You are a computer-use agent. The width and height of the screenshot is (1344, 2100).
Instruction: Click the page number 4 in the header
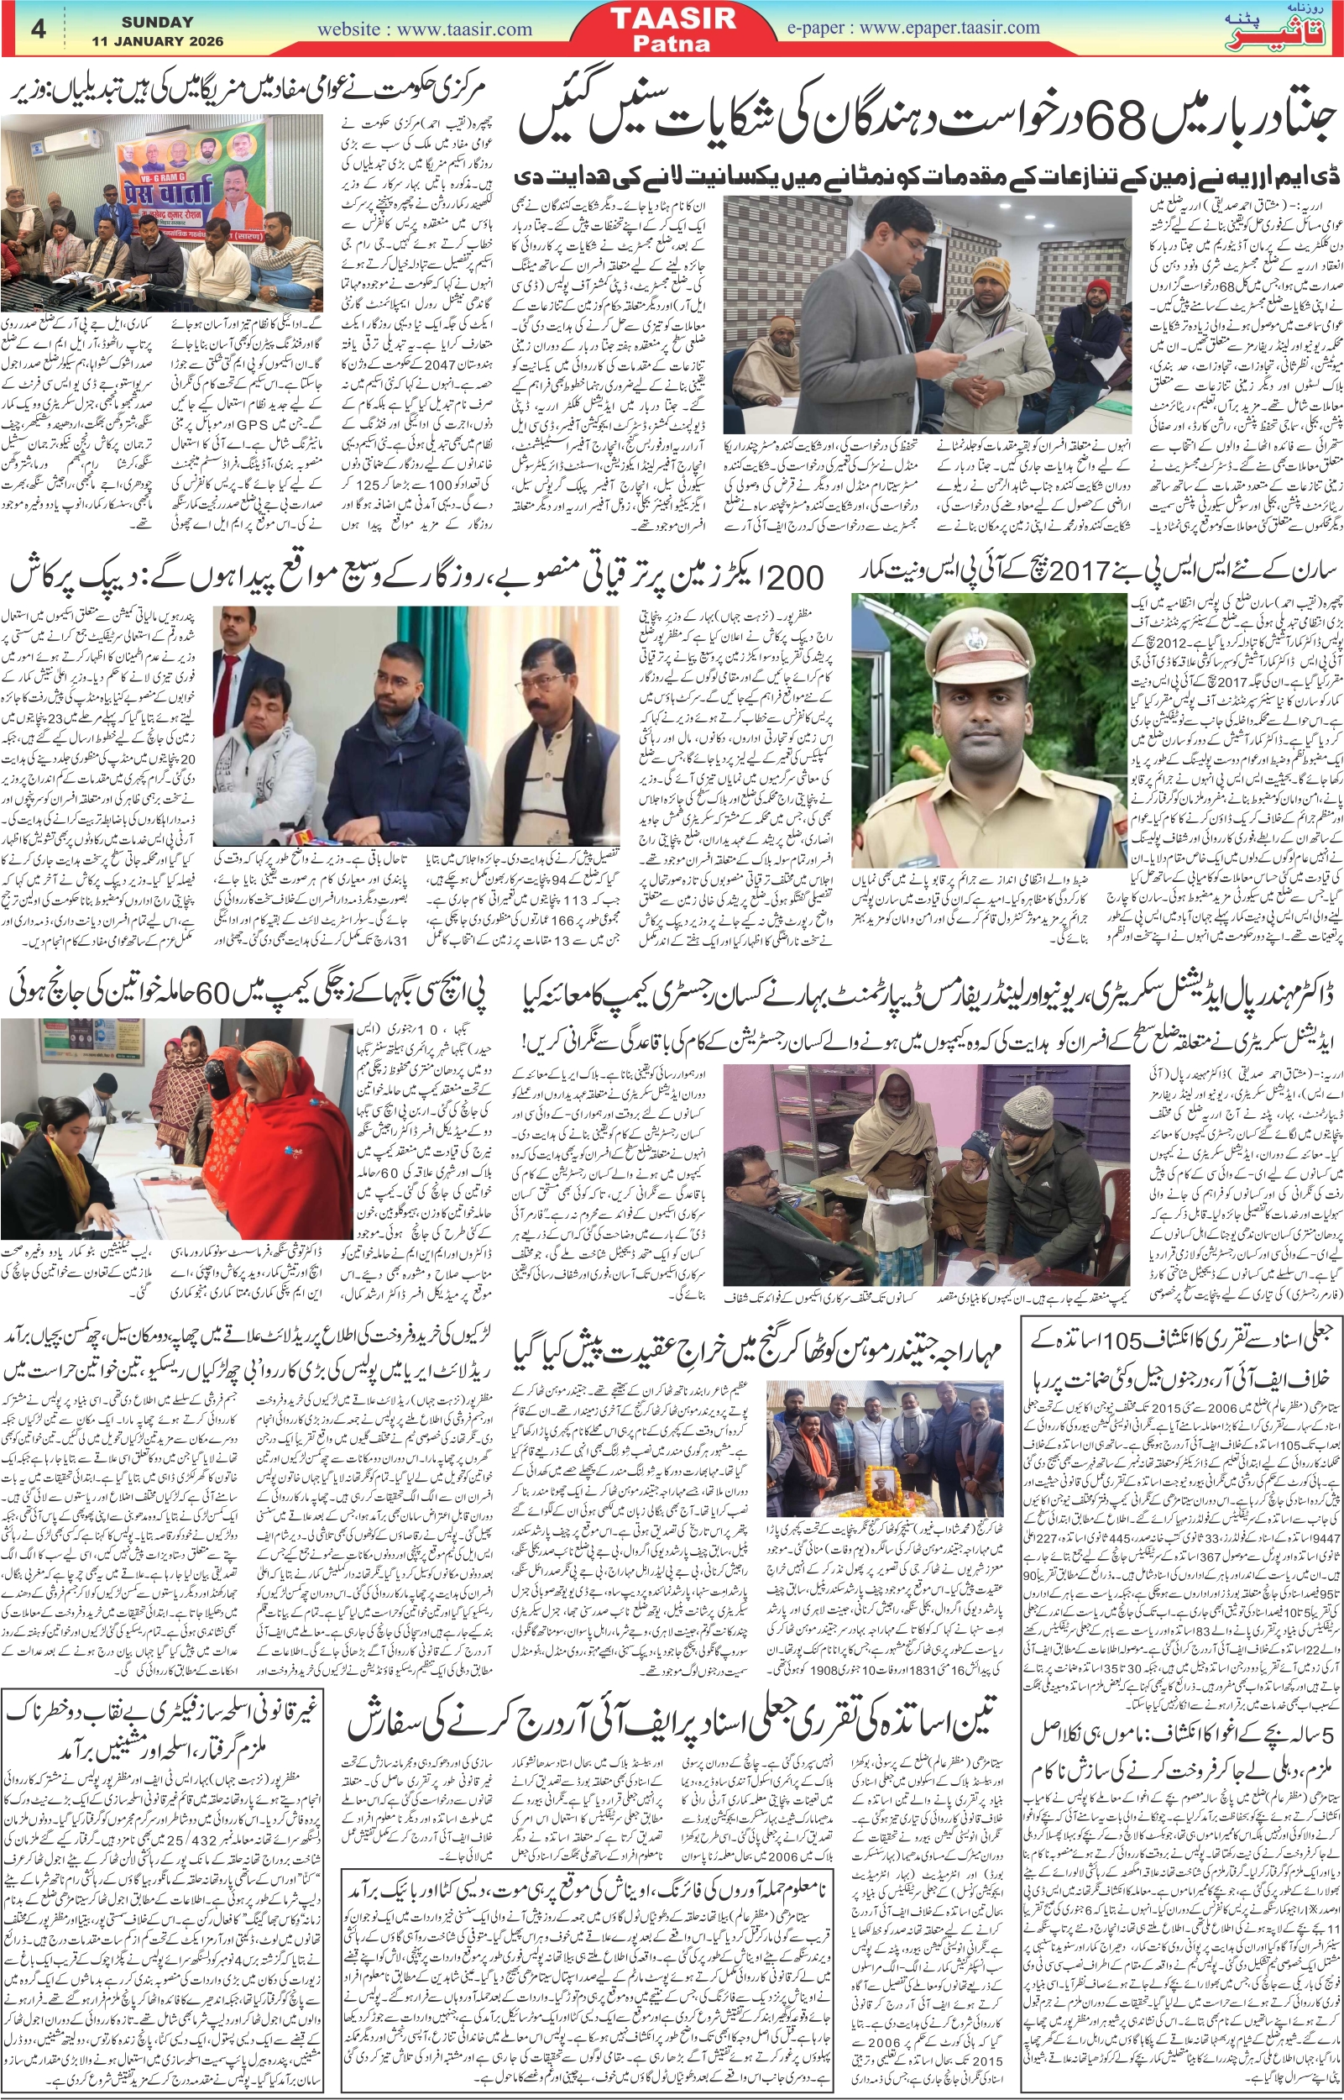coord(38,29)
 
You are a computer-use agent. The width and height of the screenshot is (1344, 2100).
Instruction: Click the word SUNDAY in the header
coord(157,22)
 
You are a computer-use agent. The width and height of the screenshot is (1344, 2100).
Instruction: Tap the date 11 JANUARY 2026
coord(157,41)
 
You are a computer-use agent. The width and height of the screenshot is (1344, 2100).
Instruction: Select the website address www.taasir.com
coord(424,29)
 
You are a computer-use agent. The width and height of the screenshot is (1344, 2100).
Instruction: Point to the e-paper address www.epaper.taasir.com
coord(912,27)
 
